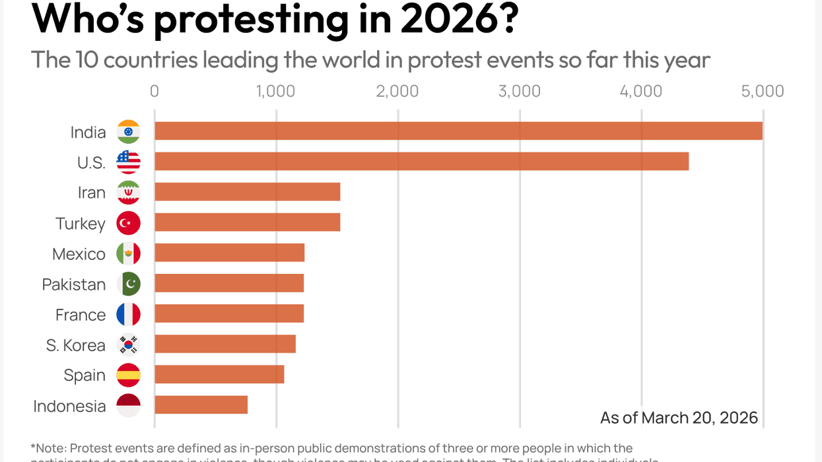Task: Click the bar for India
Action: click(458, 131)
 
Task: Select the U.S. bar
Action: click(421, 161)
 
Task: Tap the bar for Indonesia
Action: click(201, 405)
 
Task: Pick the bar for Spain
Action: click(219, 374)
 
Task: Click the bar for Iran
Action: click(247, 192)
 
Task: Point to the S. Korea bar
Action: click(224, 344)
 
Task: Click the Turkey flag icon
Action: click(128, 223)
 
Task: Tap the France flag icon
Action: click(128, 314)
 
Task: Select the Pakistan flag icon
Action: click(128, 284)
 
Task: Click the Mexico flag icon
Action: click(128, 253)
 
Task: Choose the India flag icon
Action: click(128, 132)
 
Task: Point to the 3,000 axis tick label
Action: click(519, 91)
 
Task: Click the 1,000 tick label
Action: click(275, 91)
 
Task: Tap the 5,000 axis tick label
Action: click(762, 91)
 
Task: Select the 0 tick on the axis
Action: click(154, 91)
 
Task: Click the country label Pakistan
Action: click(74, 284)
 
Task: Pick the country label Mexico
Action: click(79, 254)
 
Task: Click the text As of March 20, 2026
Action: click(679, 418)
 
